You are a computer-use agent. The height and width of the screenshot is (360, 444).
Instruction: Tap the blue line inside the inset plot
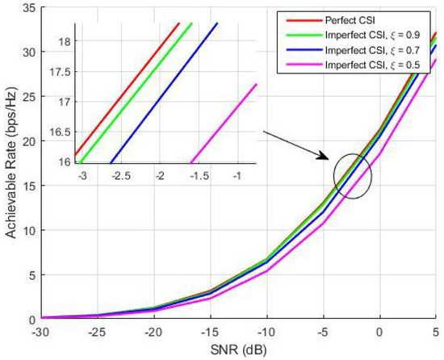click(161, 97)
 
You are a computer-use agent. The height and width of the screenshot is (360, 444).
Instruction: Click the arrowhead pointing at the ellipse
click(328, 160)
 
